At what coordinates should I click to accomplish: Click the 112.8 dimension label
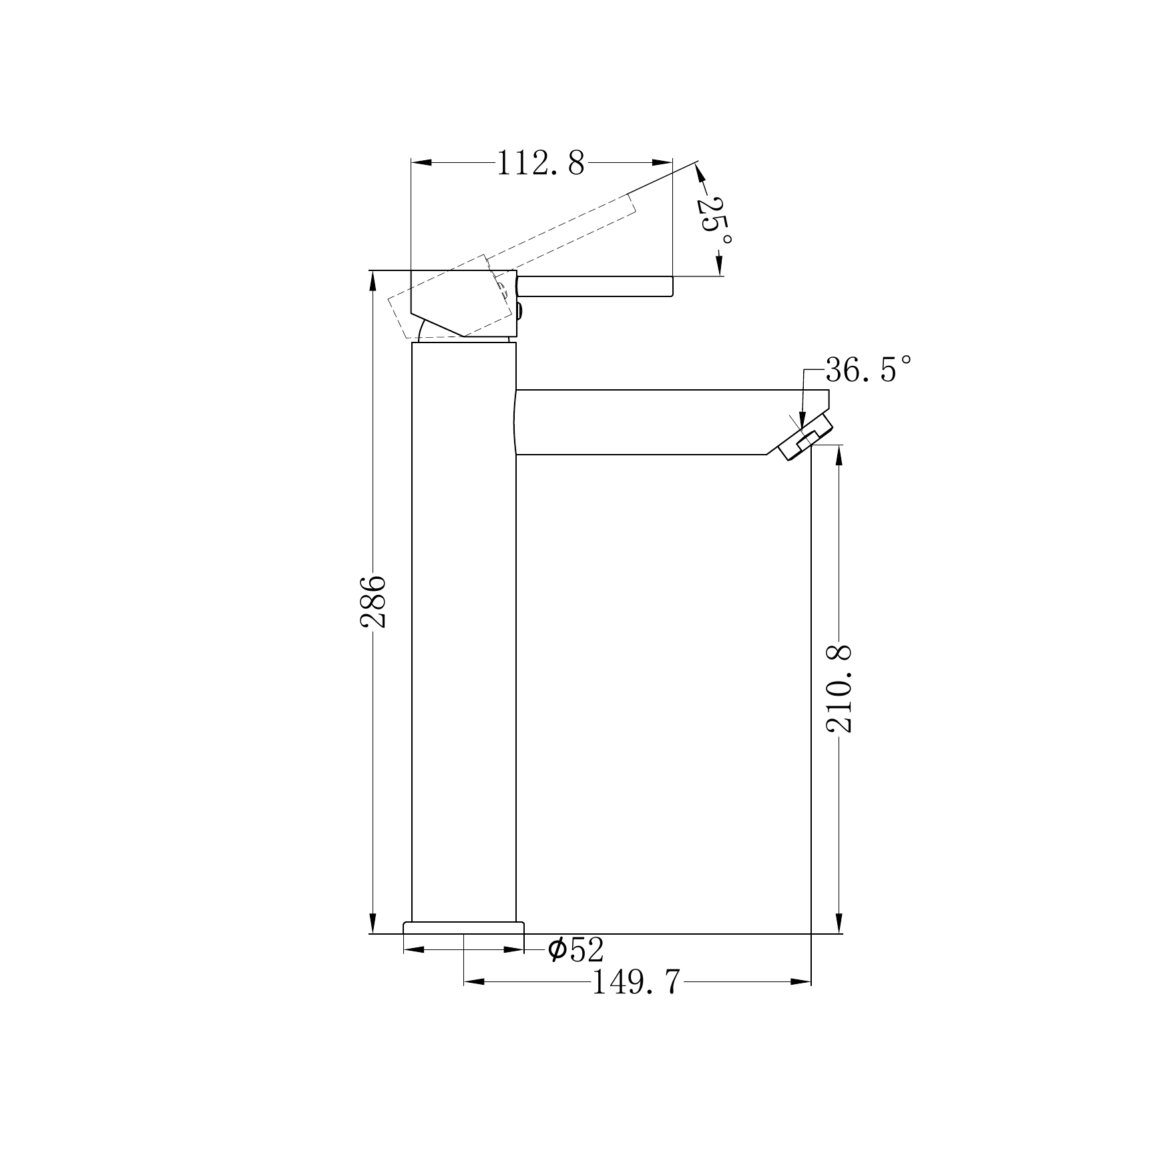pos(541,163)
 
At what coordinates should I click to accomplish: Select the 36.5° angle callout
pos(868,369)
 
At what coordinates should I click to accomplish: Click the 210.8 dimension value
pos(840,688)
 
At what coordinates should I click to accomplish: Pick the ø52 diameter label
pos(575,949)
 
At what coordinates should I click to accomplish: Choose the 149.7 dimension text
pos(636,982)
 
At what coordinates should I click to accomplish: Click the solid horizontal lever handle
pos(594,286)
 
